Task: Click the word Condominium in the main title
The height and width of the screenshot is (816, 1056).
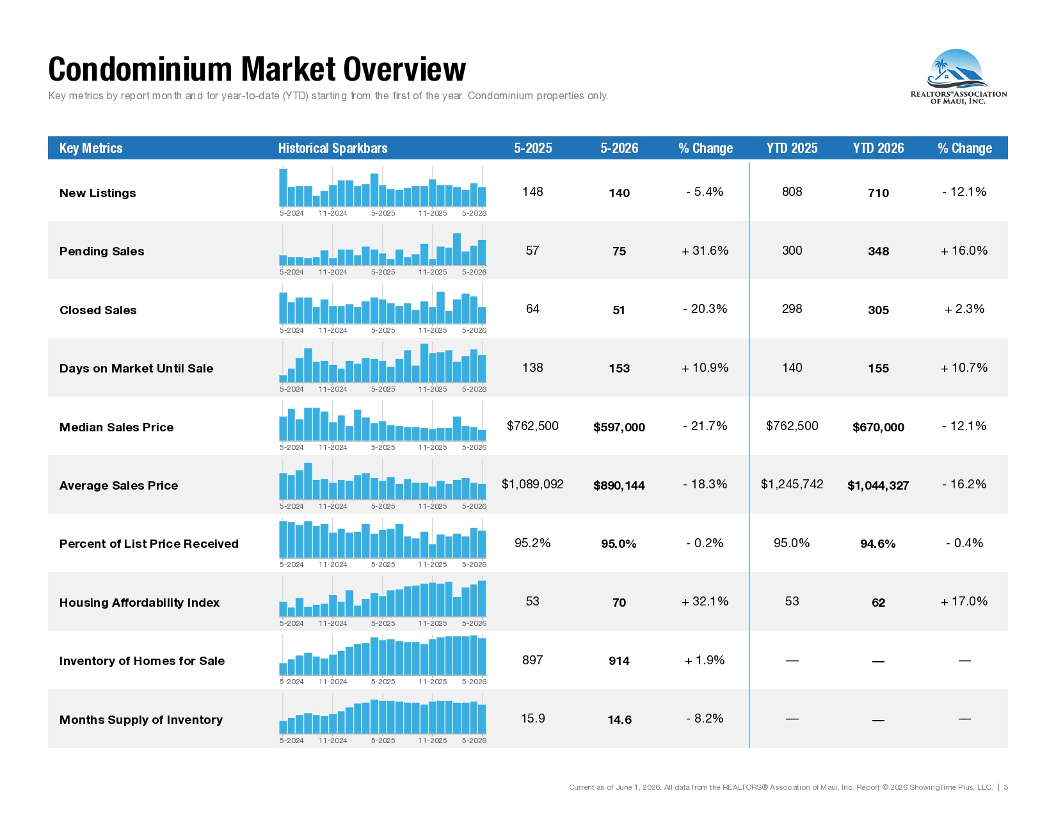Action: (x=140, y=69)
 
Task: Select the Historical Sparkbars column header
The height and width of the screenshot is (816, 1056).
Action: (x=332, y=148)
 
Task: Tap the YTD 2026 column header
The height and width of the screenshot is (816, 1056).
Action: (x=878, y=148)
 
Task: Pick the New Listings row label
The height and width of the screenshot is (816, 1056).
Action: (x=98, y=193)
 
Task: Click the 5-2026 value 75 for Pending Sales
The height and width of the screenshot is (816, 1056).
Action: (x=619, y=252)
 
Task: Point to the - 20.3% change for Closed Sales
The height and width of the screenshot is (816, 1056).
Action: (x=705, y=308)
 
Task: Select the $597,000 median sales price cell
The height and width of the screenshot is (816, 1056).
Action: (x=619, y=427)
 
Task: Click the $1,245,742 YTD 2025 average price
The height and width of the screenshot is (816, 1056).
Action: (x=792, y=484)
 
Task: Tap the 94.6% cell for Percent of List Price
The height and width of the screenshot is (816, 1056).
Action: (x=877, y=544)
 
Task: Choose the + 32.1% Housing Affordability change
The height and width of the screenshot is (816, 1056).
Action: (x=705, y=601)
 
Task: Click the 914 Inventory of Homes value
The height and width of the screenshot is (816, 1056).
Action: (x=619, y=661)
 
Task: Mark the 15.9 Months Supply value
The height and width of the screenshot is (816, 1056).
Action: (x=532, y=718)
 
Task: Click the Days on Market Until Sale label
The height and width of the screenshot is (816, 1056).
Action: (x=136, y=369)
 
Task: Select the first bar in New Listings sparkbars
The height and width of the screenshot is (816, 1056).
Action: (x=284, y=188)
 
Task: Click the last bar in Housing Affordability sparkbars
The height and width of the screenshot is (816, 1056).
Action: (x=481, y=598)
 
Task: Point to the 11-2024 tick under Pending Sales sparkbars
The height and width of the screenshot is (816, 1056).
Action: (x=332, y=272)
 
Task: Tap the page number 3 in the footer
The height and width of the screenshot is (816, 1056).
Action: (x=1005, y=787)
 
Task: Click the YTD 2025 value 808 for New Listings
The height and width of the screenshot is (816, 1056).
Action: (x=792, y=191)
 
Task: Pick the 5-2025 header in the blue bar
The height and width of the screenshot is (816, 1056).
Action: (x=532, y=148)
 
